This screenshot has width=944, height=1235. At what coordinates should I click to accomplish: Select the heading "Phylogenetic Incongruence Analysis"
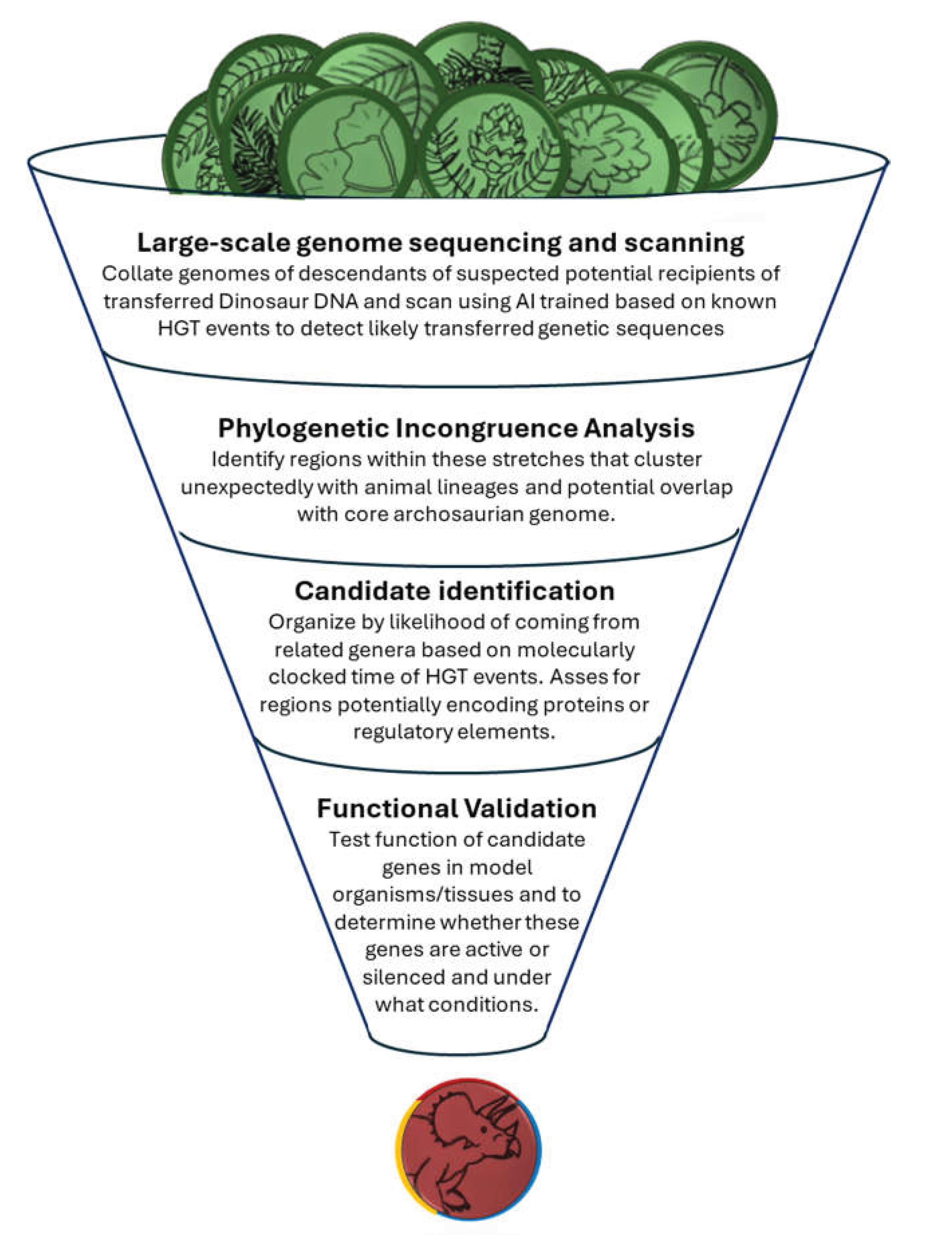click(x=456, y=428)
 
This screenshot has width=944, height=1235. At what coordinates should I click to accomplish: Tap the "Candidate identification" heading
click(x=454, y=591)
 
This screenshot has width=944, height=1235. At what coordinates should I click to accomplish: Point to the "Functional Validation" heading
click(x=457, y=808)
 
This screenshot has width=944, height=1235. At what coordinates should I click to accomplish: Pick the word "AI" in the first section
click(x=526, y=302)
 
